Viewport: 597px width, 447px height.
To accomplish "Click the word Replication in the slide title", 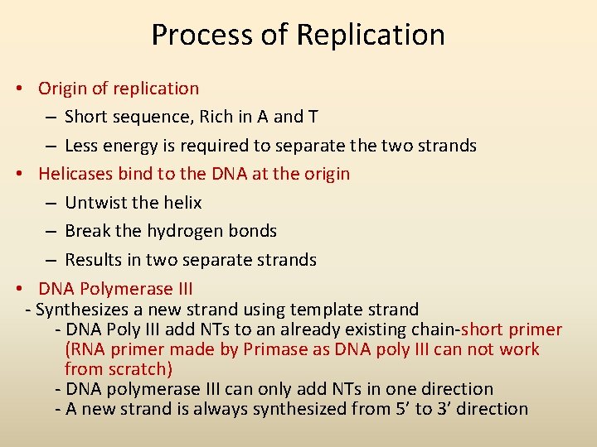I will coord(371,36).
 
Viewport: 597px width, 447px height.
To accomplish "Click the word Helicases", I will coord(75,174).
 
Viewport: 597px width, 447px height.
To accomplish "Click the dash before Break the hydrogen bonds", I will coord(51,232).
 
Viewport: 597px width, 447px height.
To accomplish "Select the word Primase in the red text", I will coord(274,349).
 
